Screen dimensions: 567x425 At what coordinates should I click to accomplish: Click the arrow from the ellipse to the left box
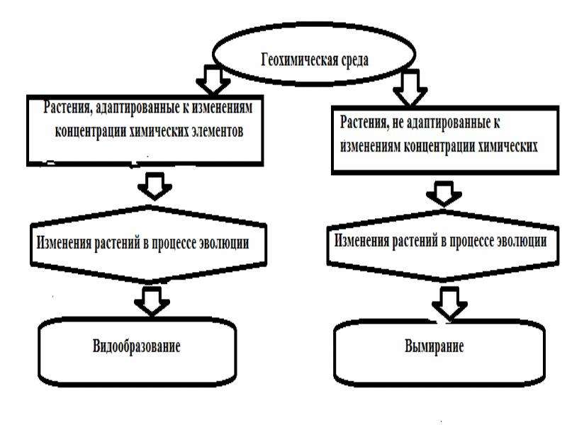213,79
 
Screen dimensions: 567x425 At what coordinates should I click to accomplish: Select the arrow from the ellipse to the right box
410,88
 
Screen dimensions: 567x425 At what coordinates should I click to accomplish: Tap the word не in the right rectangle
397,123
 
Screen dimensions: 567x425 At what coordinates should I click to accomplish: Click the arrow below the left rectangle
155,186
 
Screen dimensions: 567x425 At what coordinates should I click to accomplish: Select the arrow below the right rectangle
444,193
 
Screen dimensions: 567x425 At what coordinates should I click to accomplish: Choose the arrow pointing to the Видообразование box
152,301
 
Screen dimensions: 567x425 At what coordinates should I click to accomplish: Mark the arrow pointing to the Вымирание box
449,304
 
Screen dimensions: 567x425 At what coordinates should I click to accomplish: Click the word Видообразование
136,346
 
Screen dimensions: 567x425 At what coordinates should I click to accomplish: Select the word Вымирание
434,346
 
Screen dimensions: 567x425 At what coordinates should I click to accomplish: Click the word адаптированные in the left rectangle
136,108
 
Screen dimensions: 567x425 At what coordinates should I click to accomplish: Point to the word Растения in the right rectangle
364,122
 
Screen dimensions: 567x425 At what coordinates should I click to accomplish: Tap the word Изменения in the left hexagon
64,243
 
